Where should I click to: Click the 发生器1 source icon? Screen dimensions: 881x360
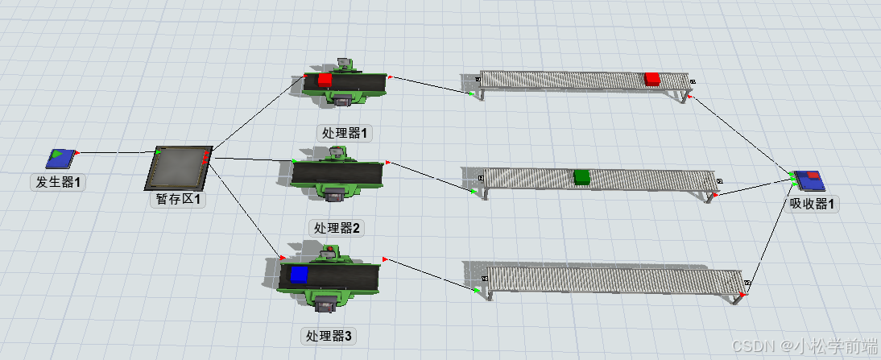(x=61, y=158)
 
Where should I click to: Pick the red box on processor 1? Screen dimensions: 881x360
(x=325, y=80)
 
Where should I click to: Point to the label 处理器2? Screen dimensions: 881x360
(x=337, y=228)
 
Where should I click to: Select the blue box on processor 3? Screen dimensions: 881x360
(x=300, y=275)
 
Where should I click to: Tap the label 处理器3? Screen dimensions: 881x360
(x=328, y=336)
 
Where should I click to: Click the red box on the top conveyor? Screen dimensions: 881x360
(x=652, y=78)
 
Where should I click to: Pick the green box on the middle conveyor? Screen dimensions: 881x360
(x=582, y=176)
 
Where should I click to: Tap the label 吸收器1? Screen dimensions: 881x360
(x=813, y=205)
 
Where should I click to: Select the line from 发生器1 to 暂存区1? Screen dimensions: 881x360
(x=117, y=151)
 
